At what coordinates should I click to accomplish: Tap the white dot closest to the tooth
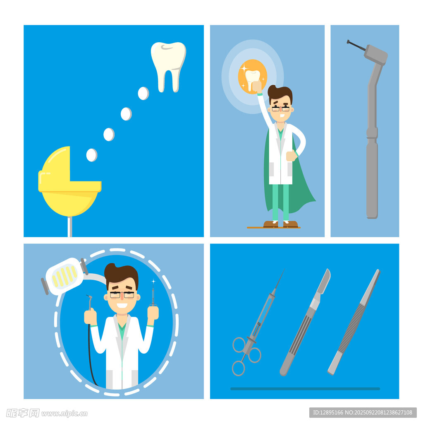tap(143, 93)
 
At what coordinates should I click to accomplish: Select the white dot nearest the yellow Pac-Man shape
tap(91, 155)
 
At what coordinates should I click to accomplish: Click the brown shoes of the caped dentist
tap(281, 224)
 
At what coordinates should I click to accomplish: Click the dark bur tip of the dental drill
tap(356, 45)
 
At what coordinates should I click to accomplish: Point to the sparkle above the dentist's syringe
tap(153, 282)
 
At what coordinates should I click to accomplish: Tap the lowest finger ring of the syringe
tap(239, 368)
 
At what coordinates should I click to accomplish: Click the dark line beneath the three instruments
tap(305, 389)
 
